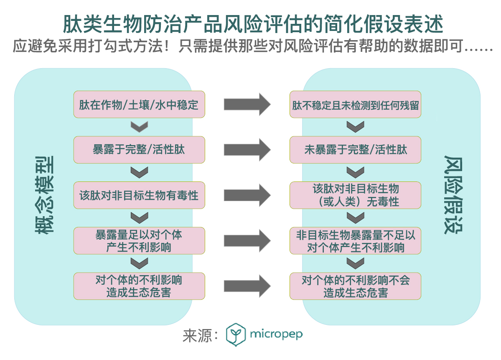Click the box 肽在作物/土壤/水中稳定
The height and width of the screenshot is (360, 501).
pyautogui.click(x=139, y=105)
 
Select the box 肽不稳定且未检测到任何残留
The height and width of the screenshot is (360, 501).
pyautogui.click(x=355, y=105)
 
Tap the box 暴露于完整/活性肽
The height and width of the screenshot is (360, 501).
pyautogui.click(x=139, y=150)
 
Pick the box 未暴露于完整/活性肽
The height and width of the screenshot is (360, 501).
pyautogui.click(x=355, y=150)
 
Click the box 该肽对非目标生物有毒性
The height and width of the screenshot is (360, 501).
pyautogui.click(x=139, y=195)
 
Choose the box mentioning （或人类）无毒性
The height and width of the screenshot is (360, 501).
pyautogui.click(x=355, y=195)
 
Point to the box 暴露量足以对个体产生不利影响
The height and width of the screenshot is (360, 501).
pyautogui.click(x=139, y=241)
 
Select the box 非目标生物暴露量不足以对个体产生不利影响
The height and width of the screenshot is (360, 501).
pyautogui.click(x=355, y=241)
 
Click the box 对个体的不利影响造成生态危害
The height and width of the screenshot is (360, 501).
pyautogui.click(x=139, y=286)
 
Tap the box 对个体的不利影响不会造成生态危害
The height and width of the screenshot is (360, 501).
pyautogui.click(x=355, y=286)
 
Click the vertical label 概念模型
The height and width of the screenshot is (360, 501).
pyautogui.click(x=43, y=195)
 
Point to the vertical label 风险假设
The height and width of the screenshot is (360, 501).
pyautogui.click(x=453, y=195)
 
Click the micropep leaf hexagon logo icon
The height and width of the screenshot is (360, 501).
pyautogui.click(x=235, y=334)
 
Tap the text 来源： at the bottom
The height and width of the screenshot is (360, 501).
pyautogui.click(x=201, y=335)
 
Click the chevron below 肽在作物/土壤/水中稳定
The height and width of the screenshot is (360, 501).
pyautogui.click(x=139, y=127)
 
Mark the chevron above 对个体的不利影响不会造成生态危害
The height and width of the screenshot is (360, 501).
pyautogui.click(x=355, y=263)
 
